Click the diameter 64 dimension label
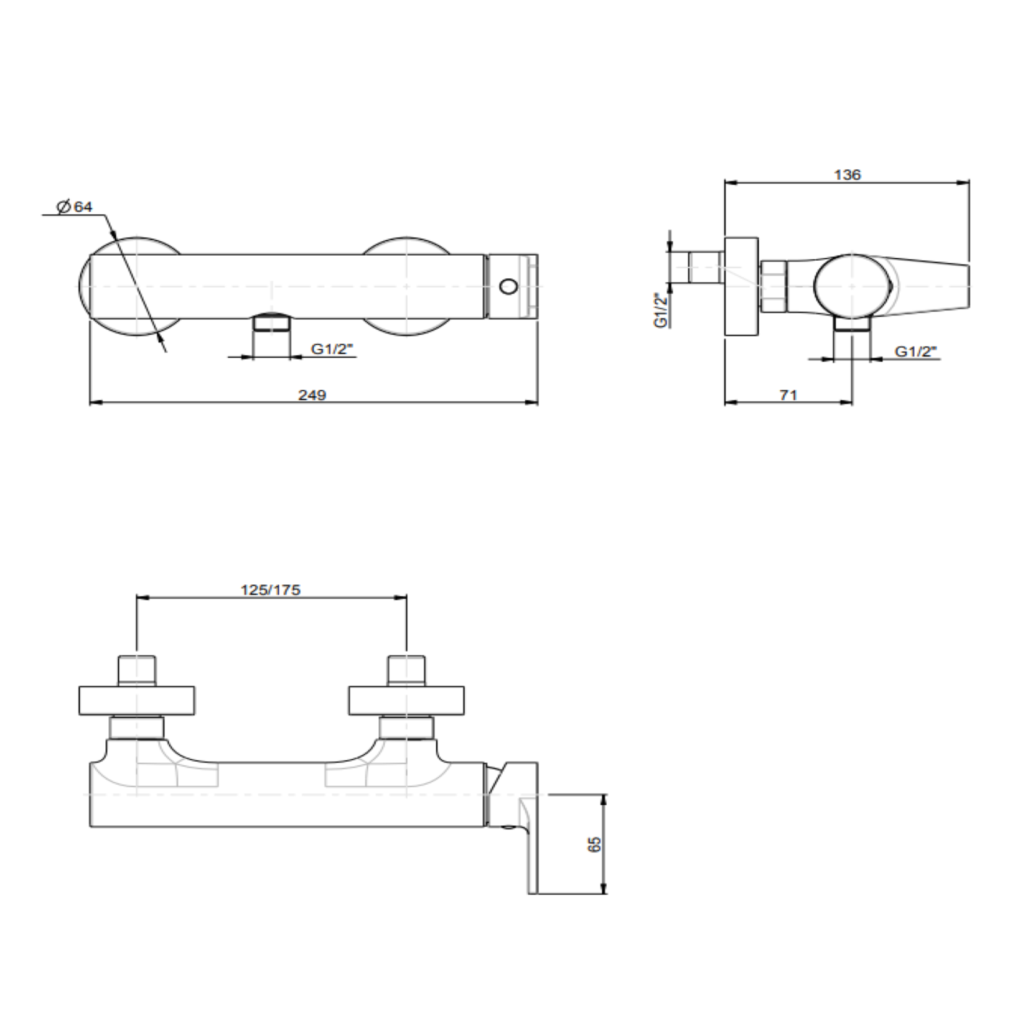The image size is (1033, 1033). [75, 207]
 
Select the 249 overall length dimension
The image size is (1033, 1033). [312, 395]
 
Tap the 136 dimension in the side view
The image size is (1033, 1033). [847, 175]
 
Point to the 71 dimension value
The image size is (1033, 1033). [788, 395]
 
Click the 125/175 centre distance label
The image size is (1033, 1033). [271, 589]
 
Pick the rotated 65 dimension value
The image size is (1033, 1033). [595, 844]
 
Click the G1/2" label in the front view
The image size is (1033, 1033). [332, 349]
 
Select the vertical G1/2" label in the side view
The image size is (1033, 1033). [661, 309]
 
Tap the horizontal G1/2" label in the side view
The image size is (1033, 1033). [916, 351]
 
